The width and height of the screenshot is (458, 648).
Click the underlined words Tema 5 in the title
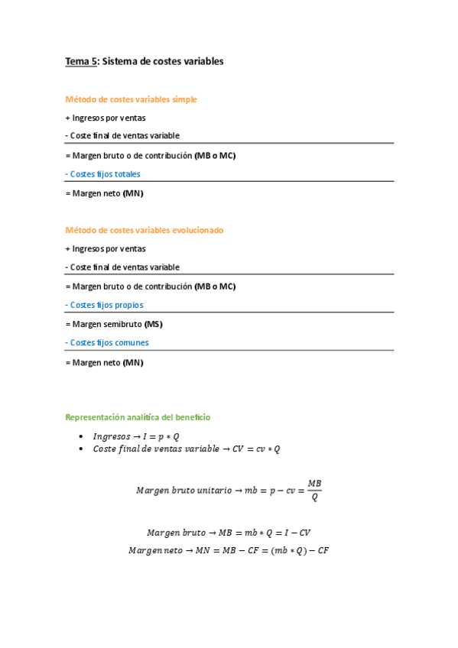click(80, 61)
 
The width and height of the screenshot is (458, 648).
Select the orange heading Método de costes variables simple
click(131, 99)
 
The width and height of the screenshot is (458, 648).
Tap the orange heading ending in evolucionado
click(144, 230)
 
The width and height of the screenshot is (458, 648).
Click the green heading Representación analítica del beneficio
click(138, 417)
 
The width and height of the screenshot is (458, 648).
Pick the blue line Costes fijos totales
click(103, 174)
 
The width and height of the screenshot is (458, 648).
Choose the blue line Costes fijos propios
click(105, 305)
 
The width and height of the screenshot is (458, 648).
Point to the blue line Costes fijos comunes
click(107, 342)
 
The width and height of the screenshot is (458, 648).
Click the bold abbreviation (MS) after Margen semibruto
click(153, 324)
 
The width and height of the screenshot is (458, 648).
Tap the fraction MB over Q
click(314, 490)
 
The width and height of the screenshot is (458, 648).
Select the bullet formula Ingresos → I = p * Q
click(136, 436)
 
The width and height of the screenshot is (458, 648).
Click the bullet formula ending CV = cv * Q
click(187, 449)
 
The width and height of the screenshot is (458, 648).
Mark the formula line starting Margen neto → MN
click(228, 550)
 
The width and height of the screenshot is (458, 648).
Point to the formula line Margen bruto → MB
click(228, 533)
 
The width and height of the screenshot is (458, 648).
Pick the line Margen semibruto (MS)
click(114, 324)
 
